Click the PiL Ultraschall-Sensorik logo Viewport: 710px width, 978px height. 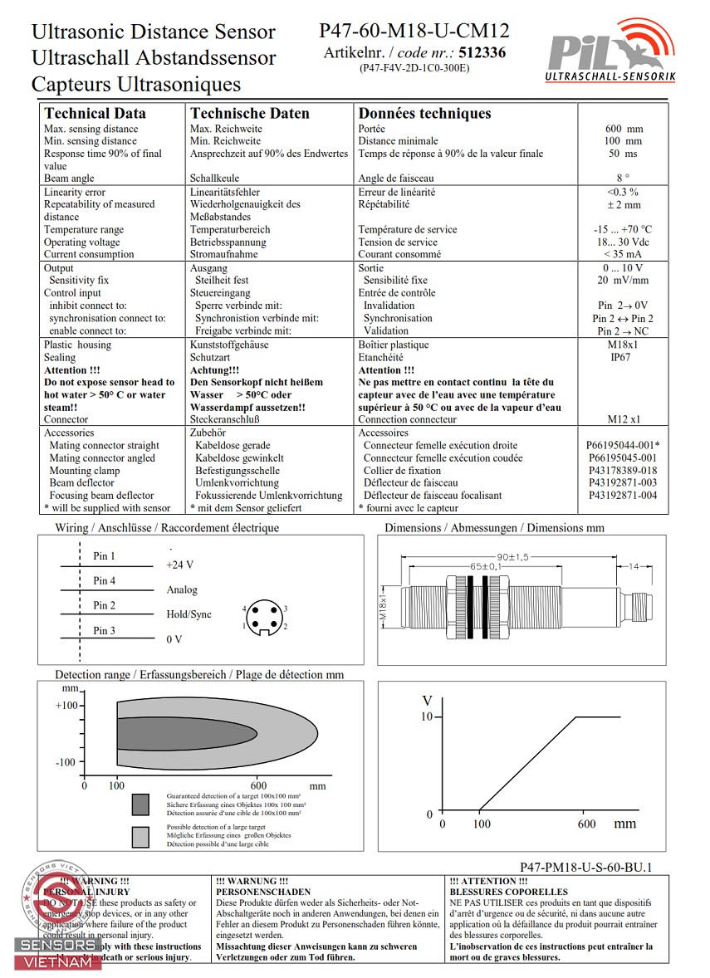(610, 52)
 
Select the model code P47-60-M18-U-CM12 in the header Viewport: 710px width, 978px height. (414, 32)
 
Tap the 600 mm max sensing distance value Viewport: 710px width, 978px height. (624, 129)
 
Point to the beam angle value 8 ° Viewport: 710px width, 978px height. (623, 178)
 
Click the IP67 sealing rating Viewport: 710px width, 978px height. (622, 357)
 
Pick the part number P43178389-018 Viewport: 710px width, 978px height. (622, 470)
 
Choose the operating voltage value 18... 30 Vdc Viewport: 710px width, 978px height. (622, 242)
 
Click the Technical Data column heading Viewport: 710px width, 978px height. (95, 114)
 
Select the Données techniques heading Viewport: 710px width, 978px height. (424, 114)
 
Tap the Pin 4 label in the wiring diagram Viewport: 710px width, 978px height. (105, 580)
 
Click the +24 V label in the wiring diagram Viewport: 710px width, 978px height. (180, 565)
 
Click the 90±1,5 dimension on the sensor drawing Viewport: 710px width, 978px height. (512, 556)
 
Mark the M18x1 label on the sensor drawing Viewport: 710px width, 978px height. (384, 608)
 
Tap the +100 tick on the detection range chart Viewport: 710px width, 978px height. (66, 705)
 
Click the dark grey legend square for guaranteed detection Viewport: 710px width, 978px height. (140, 804)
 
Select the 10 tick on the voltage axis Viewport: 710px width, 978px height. (427, 716)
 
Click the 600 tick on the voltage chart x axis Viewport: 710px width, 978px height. (586, 824)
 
